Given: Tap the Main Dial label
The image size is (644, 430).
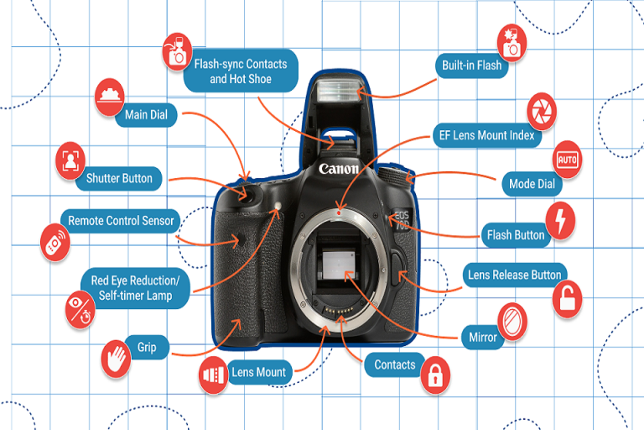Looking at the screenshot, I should pos(146,114).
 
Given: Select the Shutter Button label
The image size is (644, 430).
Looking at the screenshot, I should pos(119,178).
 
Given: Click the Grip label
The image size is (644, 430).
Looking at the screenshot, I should pos(135,347).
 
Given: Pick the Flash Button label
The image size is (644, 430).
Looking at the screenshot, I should pos(516,234).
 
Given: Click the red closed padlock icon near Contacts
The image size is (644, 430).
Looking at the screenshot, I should pos(434,375).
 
